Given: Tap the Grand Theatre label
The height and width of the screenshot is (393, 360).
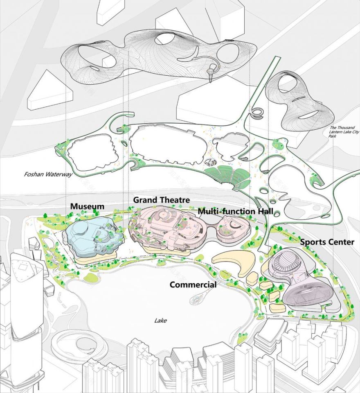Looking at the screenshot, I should [161, 200].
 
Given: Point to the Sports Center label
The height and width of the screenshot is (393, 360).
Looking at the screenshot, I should [327, 242].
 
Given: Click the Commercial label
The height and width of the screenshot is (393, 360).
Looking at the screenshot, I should [193, 285].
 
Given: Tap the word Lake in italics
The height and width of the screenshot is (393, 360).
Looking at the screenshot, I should [160, 321].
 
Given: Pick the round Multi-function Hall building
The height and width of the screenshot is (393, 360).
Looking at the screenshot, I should [230, 230].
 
